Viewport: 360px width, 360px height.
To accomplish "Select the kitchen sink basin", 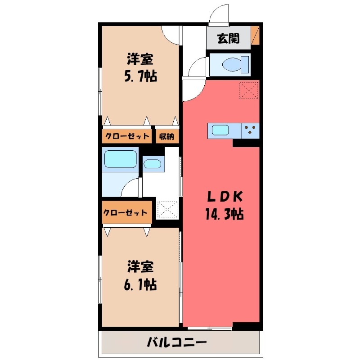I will click(x=220, y=130).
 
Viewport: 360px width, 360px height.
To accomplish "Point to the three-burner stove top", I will click(x=251, y=130).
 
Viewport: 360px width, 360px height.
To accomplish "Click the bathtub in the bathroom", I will click(x=120, y=159).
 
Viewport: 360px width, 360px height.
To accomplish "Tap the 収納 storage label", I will click(x=168, y=136).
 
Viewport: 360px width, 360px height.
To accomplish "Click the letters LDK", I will click(x=225, y=196).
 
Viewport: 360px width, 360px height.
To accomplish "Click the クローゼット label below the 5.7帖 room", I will click(x=127, y=136).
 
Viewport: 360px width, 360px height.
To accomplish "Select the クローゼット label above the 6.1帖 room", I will click(x=126, y=213).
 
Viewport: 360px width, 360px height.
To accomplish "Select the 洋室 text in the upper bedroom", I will click(x=140, y=59).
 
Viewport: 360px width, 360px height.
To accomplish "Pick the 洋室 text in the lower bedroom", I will click(x=140, y=266).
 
